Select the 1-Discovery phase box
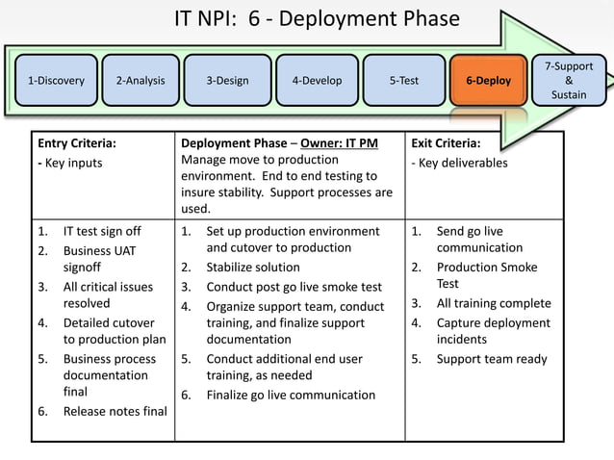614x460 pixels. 55,81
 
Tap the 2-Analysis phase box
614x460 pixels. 140,81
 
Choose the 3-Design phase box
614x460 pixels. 227,81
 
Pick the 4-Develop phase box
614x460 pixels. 317,81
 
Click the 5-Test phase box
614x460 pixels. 403,81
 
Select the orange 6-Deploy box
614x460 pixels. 489,81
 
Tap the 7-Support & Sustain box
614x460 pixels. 576,81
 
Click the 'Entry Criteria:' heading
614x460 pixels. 77,143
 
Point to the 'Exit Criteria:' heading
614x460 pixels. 446,143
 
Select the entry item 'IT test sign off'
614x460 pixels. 102,231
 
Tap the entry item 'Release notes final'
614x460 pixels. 115,412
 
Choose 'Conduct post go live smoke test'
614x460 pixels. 294,287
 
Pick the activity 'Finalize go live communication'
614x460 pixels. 291,395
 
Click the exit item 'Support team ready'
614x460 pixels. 491,359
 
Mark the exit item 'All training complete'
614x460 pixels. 494,303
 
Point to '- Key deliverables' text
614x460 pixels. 459,163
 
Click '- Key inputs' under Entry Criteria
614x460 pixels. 70,163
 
